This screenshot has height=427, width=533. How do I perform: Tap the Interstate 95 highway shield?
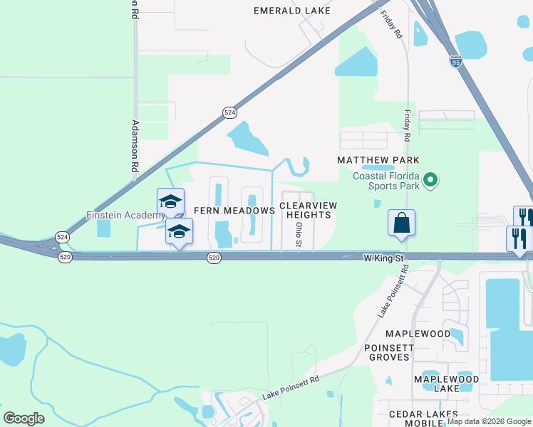pyautogui.click(x=455, y=62)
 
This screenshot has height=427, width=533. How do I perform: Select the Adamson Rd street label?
pyautogui.click(x=134, y=146)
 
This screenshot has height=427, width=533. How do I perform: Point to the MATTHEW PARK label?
pyautogui.click(x=378, y=160)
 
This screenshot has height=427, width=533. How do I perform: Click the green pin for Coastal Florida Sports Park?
pyautogui.click(x=430, y=181)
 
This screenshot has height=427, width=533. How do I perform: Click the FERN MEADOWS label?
pyautogui.click(x=234, y=211)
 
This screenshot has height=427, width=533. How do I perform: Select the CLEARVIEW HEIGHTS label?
pyautogui.click(x=308, y=210)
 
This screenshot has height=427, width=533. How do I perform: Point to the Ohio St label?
pyautogui.click(x=299, y=234)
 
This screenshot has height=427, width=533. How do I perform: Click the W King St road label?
pyautogui.click(x=384, y=256)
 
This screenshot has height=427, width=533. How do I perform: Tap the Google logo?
pyautogui.click(x=24, y=418)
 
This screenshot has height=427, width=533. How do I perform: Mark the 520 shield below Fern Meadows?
pyautogui.click(x=214, y=257)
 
